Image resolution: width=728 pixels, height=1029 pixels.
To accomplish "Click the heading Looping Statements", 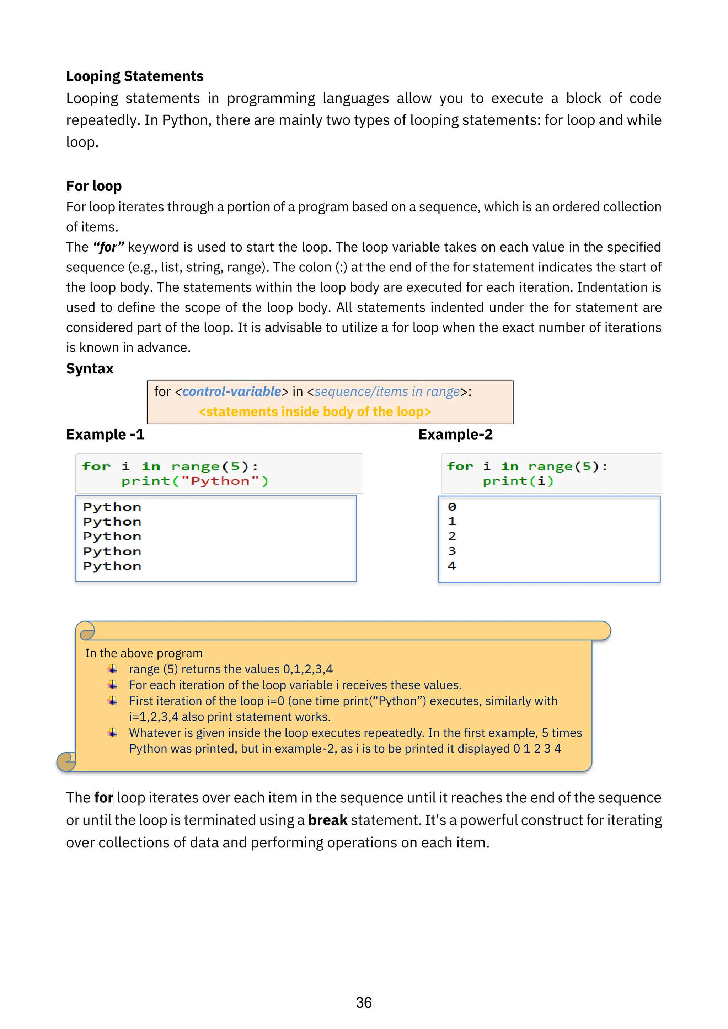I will (134, 76).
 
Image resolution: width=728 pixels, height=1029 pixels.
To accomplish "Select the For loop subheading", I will (94, 185).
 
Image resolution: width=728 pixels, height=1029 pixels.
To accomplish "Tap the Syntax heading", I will (90, 368).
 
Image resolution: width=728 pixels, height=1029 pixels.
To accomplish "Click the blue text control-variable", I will (232, 392).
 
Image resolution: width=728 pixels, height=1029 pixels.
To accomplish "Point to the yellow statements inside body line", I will (315, 411).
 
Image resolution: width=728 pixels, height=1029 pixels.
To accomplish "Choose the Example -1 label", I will (105, 434).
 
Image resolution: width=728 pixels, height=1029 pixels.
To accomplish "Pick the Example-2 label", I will (455, 434).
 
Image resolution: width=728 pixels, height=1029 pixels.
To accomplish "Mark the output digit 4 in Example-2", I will (452, 566).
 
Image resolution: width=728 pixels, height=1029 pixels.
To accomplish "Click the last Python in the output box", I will (112, 566).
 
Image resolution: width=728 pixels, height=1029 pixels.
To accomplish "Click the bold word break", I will (328, 820).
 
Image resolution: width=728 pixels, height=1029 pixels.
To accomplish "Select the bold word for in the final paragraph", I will (103, 798).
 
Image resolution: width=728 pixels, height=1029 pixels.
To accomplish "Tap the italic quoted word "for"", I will (108, 247).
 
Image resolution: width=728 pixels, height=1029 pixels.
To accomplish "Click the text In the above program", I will (144, 653).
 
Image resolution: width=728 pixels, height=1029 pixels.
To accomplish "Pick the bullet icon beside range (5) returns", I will (112, 669).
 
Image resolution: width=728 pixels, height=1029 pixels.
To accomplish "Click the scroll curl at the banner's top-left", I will (86, 631).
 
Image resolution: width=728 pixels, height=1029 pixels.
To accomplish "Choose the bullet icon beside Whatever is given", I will (112, 733).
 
